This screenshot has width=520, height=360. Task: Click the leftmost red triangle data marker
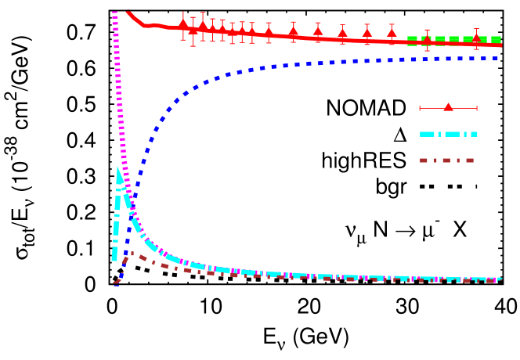coord(183,23)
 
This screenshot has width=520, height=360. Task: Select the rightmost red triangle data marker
coord(476,38)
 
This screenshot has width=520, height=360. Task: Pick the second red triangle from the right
coord(428,38)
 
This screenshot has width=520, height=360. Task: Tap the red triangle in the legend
coord(448,107)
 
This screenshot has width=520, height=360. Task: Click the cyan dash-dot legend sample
coord(448,134)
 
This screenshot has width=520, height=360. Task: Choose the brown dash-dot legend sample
coord(446,160)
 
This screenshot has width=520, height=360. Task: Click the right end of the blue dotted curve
coord(498,58)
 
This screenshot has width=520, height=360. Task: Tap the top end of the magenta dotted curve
coord(114,13)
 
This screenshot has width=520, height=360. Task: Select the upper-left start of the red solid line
coord(128,12)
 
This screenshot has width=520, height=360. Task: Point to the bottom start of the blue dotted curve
coord(117,283)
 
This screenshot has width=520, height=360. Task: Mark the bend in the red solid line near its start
coord(144,25)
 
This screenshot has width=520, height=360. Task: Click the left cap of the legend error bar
coord(420,108)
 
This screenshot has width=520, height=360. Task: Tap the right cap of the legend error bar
coord(476,108)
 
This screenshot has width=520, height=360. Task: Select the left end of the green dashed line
coord(408,39)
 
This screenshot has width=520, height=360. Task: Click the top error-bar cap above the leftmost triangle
coord(183,12)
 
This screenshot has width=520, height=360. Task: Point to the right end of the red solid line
coord(500,45)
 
